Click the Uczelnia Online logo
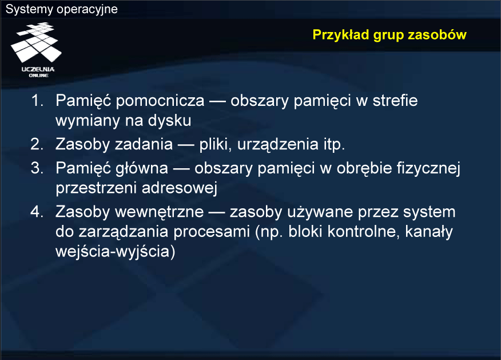pos(36,50)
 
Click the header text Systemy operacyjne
pos(62,9)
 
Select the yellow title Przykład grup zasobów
pos(389,35)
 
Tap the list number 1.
pos(37,100)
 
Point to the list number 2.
pos(37,144)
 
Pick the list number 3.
pos(37,168)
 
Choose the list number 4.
pos(37,212)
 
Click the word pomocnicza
pos(160,101)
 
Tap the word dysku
pos(170,121)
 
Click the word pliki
pos(216,144)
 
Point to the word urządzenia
pos(278,144)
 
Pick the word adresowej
pos(179,188)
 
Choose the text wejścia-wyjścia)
pos(116,251)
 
